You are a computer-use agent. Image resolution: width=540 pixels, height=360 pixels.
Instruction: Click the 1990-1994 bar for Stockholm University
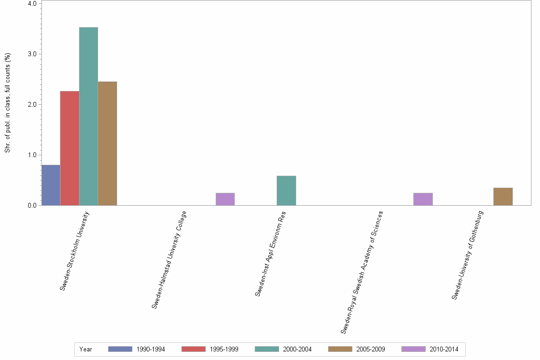click(51, 185)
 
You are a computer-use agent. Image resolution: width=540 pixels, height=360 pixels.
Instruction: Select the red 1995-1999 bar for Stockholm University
click(70, 148)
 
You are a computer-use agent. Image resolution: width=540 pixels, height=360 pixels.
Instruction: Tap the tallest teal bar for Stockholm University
click(89, 116)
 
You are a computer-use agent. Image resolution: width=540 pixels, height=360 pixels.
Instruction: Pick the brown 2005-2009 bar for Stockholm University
click(107, 143)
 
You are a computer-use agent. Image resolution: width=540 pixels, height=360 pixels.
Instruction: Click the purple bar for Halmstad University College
click(225, 199)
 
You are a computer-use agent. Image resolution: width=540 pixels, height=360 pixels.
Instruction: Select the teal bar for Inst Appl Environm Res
click(286, 190)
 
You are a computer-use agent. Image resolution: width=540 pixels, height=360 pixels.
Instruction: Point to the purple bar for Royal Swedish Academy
click(423, 199)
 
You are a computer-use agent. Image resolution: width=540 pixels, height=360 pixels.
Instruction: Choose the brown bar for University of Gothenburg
click(503, 197)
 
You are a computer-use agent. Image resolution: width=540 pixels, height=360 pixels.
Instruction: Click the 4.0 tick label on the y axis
click(32, 4)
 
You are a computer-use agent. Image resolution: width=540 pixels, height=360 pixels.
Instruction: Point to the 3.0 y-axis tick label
click(32, 54)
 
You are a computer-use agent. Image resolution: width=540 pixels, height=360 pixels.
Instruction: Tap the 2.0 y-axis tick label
click(32, 104)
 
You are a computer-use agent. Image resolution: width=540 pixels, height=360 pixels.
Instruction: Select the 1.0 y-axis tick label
click(32, 155)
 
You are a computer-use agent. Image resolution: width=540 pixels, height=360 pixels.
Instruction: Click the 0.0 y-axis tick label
click(32, 205)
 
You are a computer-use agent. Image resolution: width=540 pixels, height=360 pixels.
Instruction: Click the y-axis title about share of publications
click(8, 103)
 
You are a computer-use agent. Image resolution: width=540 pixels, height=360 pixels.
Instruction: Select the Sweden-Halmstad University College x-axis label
click(169, 260)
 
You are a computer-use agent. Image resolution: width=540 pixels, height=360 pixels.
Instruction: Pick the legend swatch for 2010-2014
click(413, 349)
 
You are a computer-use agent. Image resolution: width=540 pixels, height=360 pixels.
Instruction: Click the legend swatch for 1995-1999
click(193, 349)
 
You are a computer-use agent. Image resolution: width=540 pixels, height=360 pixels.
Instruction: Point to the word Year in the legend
click(86, 349)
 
